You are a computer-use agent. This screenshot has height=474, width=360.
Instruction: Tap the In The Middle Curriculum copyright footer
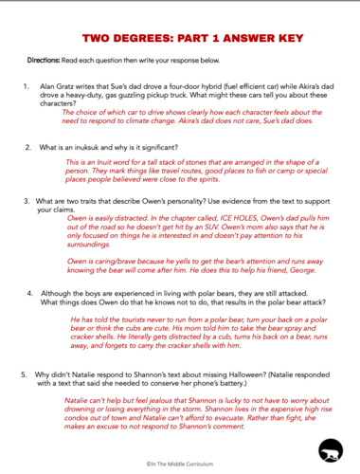pyautogui.click(x=180, y=466)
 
